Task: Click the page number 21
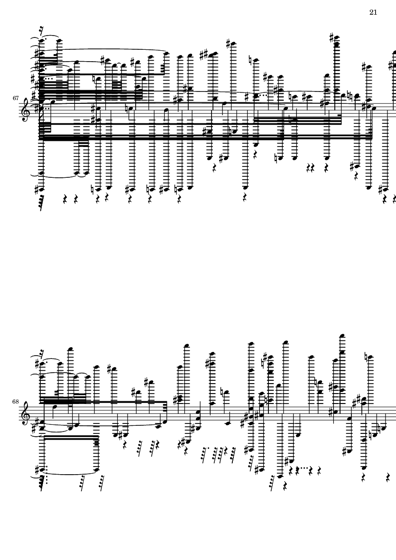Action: [x=373, y=12]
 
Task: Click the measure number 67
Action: [x=15, y=98]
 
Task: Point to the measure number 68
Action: [x=15, y=402]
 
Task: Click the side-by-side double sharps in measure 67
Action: [x=204, y=55]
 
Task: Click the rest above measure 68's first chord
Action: [x=43, y=351]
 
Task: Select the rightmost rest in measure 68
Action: [x=388, y=477]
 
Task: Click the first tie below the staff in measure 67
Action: [x=59, y=176]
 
